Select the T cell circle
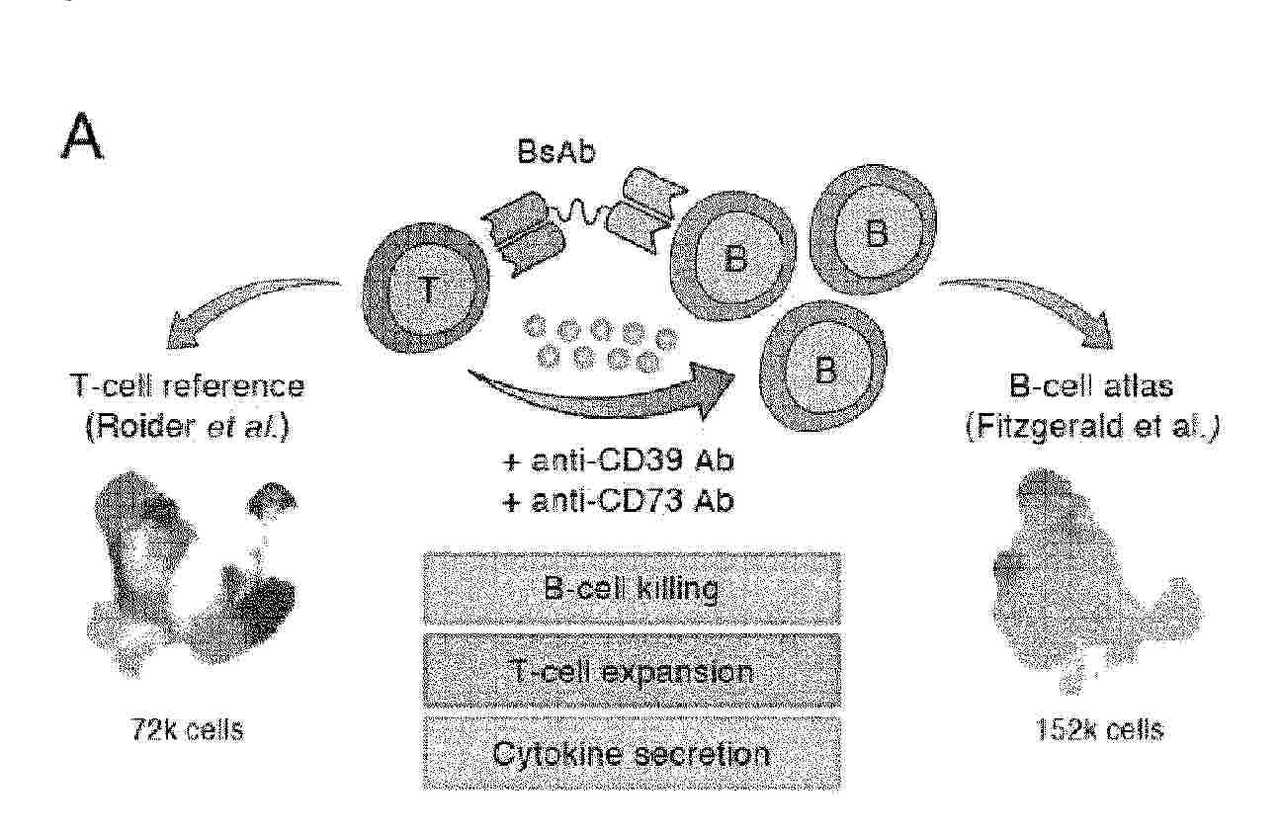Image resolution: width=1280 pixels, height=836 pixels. (x=428, y=288)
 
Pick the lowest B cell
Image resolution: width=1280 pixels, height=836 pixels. (x=825, y=372)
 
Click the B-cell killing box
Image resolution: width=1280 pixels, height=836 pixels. (x=632, y=589)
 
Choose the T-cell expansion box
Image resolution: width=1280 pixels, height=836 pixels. (x=632, y=672)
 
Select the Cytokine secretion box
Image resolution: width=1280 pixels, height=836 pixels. (x=632, y=753)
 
